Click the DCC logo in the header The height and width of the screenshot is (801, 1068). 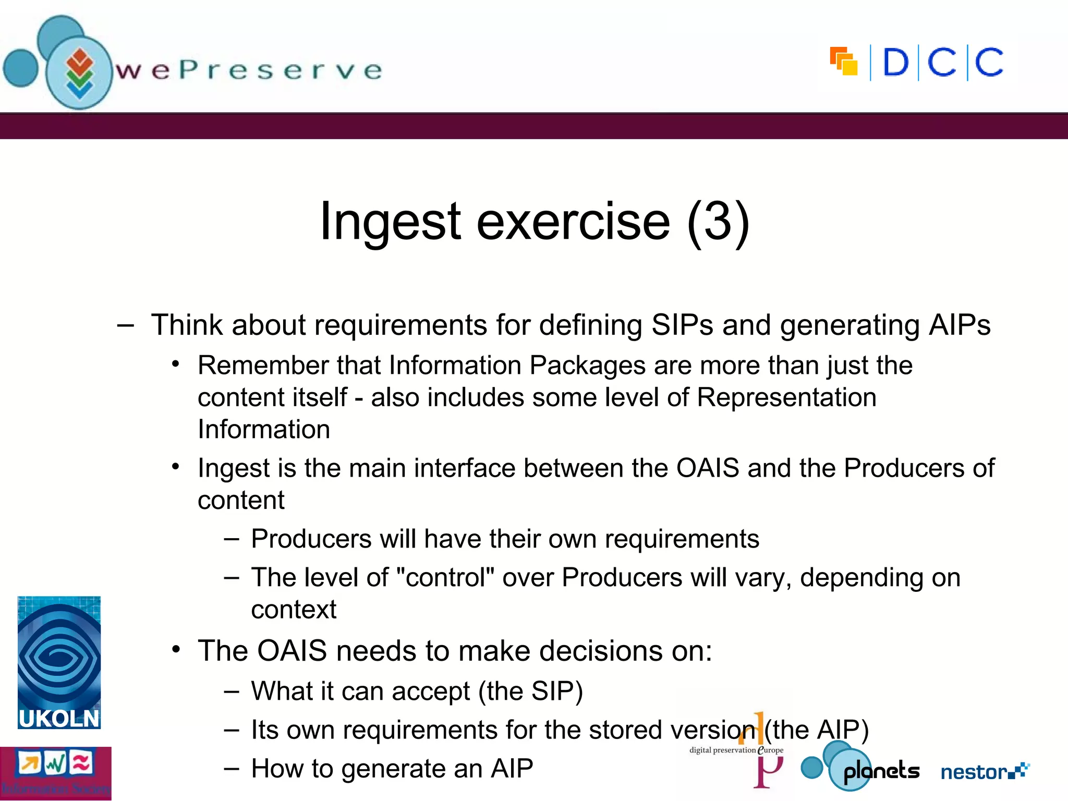tap(917, 63)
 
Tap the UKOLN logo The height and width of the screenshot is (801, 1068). tap(59, 662)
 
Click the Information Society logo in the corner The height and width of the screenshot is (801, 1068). tap(55, 773)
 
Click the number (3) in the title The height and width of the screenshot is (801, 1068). tap(718, 222)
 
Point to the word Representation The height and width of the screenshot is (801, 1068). tap(786, 397)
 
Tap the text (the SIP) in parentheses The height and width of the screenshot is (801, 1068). tap(530, 691)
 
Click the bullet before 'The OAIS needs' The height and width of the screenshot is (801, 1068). tap(176, 650)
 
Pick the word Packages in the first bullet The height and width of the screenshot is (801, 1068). tap(587, 365)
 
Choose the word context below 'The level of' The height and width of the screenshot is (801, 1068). tap(294, 610)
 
